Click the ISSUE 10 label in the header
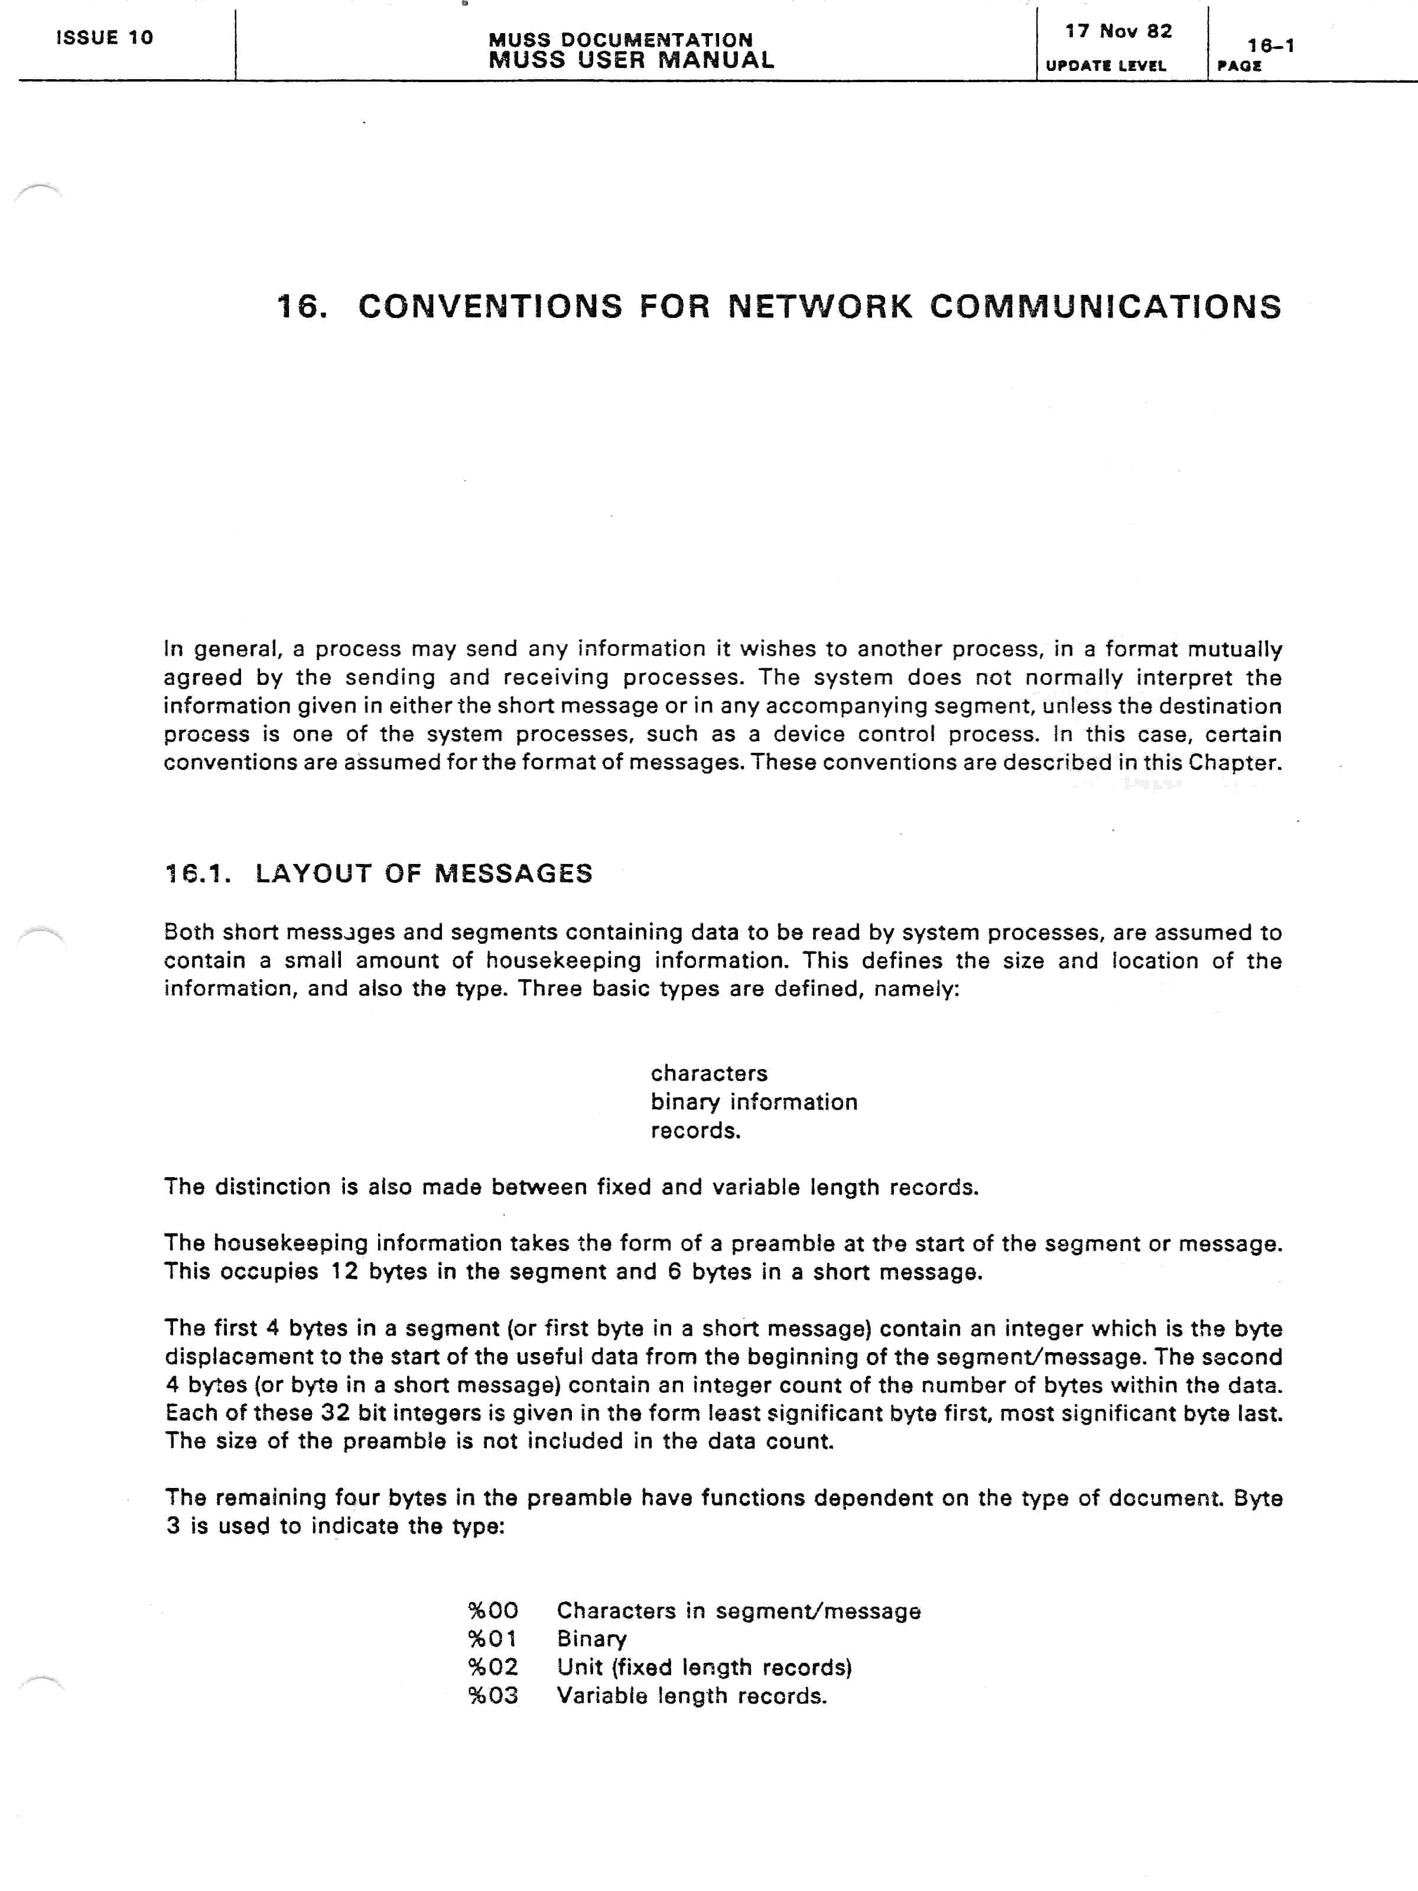(104, 38)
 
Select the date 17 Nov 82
(1118, 32)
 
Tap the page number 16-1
(1270, 46)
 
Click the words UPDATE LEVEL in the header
(1105, 66)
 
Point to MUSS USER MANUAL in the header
(632, 60)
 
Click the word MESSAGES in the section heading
(513, 873)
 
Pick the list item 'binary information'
(753, 1102)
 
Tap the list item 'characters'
(708, 1073)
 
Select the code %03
(493, 1695)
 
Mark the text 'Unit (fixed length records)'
(704, 1667)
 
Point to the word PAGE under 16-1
(1240, 66)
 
